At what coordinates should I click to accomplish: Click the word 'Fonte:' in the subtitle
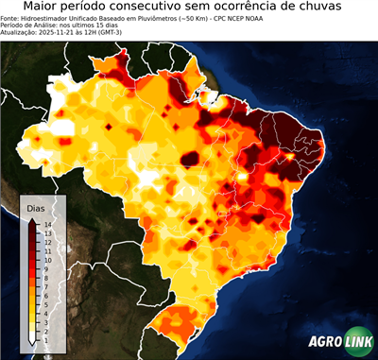pos(12,17)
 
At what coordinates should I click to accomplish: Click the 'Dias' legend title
pos(36,207)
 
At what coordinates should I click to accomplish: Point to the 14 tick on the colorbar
pos(46,225)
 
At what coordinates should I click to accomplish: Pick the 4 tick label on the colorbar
pos(46,303)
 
